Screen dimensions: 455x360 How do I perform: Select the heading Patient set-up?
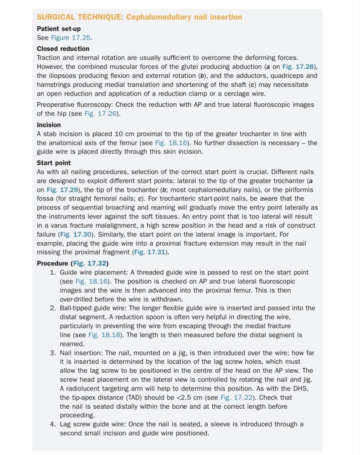point(59,29)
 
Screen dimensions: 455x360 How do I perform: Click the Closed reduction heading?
point(63,48)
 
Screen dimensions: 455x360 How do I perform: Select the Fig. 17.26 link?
point(102,113)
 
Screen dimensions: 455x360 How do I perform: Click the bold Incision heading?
point(49,125)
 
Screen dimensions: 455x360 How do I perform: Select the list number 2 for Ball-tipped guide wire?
point(53,308)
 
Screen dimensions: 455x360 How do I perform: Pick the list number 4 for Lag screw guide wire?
point(53,424)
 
